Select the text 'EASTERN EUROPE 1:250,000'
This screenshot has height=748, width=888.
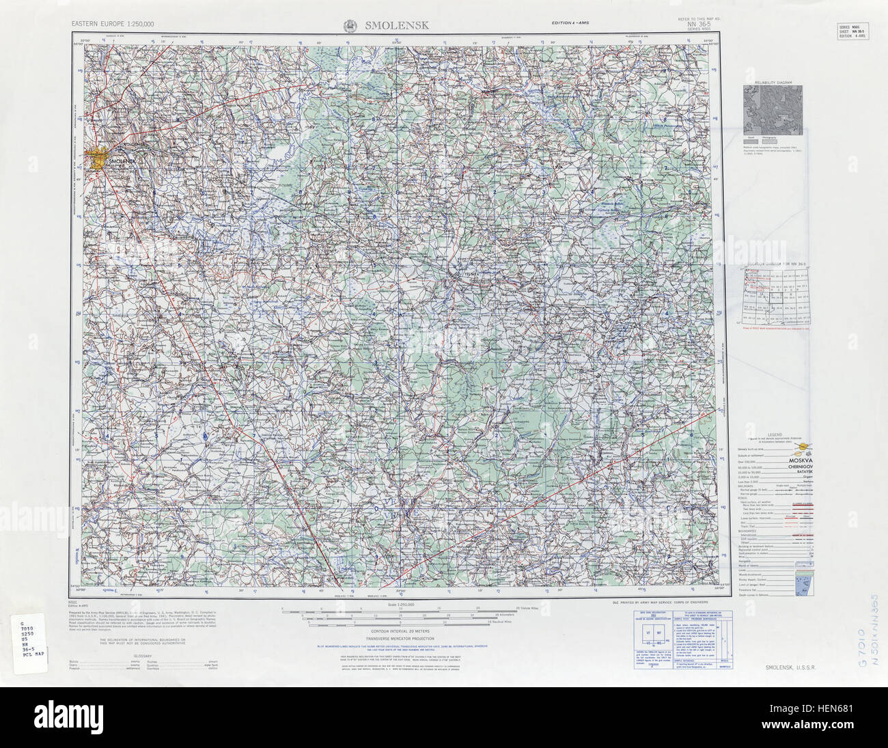[x=113, y=25]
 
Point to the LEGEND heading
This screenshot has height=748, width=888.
[x=774, y=434]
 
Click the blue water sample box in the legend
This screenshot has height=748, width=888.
[x=800, y=583]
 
